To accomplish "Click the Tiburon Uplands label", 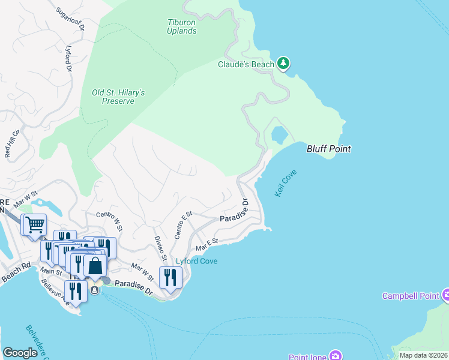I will tap(181, 26).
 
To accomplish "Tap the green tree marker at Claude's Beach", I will tap(283, 63).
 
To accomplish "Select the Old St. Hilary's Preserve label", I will tap(118, 97).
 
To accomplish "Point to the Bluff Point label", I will tap(328, 149).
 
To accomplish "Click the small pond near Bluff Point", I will tap(279, 134).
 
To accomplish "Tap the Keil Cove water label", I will tap(285, 183).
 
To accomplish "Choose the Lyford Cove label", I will tap(196, 261).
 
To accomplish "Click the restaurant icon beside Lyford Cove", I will tap(170, 278).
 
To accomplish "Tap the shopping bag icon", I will tap(95, 265).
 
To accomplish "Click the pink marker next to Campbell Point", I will tap(446, 295).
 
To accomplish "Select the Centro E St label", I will tap(183, 225).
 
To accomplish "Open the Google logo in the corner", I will tap(20, 352).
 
